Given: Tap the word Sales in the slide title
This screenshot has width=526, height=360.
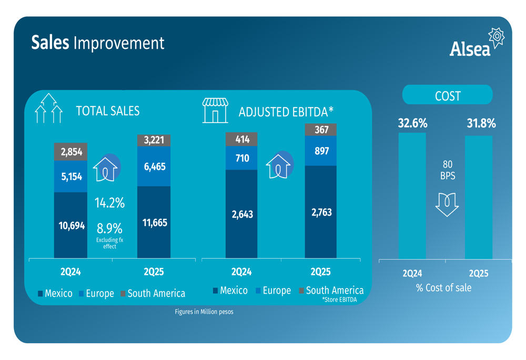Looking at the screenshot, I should tap(50, 43).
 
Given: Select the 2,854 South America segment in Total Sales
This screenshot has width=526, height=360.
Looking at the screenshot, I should tap(70, 152).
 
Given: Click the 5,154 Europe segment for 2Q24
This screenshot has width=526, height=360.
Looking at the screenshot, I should tap(70, 177).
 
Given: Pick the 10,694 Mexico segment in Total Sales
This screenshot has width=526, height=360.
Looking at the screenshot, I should tap(70, 225).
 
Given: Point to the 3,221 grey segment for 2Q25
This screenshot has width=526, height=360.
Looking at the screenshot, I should tap(154, 140).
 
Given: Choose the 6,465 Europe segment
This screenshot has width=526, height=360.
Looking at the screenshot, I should tap(154, 167).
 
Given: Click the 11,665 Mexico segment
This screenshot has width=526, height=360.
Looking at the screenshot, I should tap(154, 222).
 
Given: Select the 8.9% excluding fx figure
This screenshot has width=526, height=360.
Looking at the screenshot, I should tap(109, 229).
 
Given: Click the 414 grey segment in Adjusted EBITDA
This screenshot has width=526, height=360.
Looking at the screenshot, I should tap(242, 139).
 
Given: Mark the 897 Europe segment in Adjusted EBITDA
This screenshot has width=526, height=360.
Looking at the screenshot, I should tap(321, 151).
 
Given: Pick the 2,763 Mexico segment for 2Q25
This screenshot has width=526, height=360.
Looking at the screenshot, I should tap(321, 212).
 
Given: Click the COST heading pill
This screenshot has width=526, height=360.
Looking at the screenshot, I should tap(448, 96).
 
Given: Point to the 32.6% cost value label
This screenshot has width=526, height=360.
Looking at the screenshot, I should tap(412, 124).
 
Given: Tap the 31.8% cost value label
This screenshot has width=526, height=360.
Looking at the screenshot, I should tap(481, 124).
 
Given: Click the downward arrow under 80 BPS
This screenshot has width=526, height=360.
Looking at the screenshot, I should tap(447, 204).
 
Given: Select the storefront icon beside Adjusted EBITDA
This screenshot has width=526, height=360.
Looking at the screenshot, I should tap(215, 110).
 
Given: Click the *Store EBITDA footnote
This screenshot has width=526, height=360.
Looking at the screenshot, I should tap(339, 300).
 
